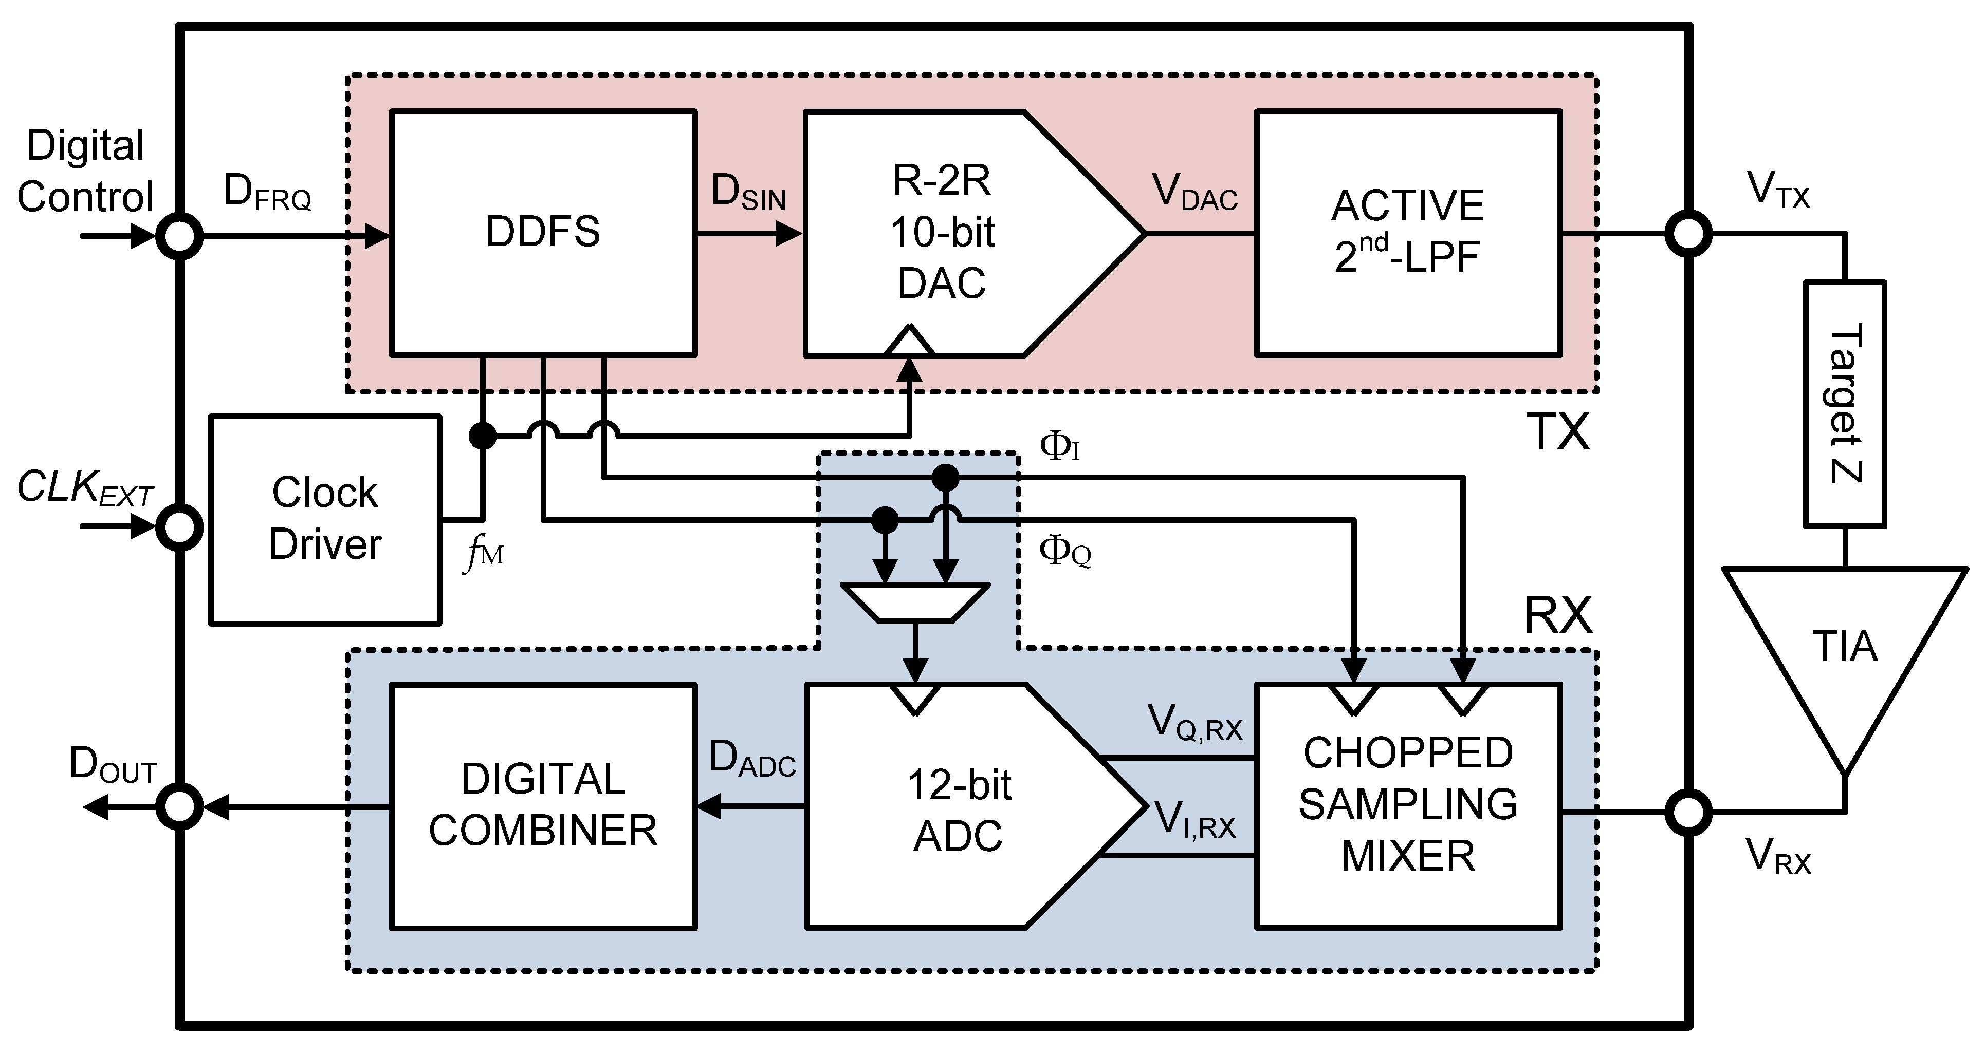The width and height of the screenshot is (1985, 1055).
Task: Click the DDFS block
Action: tap(543, 233)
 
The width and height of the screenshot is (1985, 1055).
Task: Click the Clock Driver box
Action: tap(325, 520)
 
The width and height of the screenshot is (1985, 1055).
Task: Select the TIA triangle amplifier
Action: tap(1845, 647)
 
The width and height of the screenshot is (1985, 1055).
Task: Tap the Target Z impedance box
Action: tap(1845, 404)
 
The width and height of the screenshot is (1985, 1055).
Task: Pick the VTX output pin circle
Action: tap(1688, 233)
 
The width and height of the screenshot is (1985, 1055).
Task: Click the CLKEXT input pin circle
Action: tap(179, 528)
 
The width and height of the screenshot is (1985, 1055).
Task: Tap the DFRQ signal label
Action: tap(267, 191)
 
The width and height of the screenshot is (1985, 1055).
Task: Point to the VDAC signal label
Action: tap(1195, 191)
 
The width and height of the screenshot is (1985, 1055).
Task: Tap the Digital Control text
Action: tap(85, 171)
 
